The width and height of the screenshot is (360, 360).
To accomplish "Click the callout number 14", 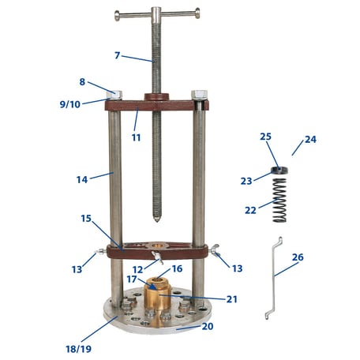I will pos(81,179).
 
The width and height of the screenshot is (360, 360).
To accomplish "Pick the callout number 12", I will pos(138,270).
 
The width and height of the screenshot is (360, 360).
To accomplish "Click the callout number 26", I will pos(297,257).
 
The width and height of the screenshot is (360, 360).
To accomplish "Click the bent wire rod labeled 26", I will pos(272,278).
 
